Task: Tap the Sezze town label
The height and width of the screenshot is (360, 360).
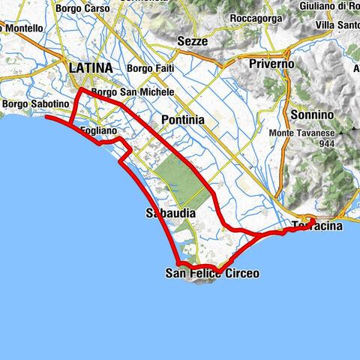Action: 193,42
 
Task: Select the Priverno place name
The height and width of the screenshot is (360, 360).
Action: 271,64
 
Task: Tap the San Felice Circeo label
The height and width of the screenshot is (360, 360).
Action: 212,274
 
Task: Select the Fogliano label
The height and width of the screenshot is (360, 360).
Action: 97,130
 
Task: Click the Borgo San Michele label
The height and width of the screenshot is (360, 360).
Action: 132,92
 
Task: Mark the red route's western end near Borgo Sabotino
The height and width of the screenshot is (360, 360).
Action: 46,118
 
